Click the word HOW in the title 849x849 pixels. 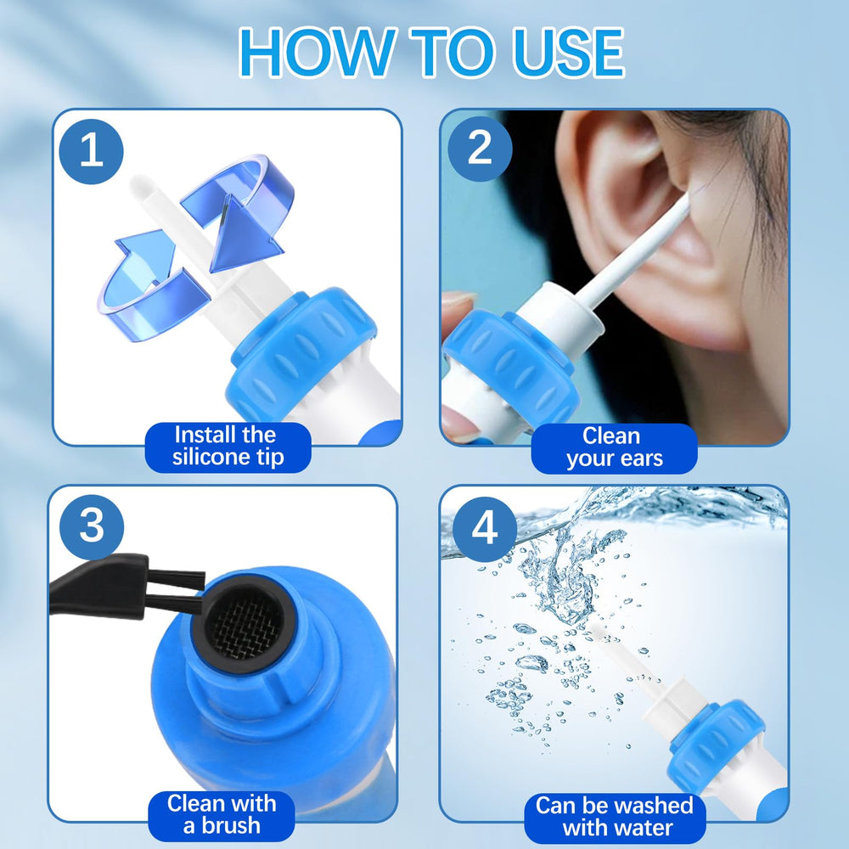pyautogui.click(x=317, y=53)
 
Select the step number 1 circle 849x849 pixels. pyautogui.click(x=91, y=151)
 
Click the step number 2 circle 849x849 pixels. pyautogui.click(x=480, y=149)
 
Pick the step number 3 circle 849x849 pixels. pyautogui.click(x=92, y=526)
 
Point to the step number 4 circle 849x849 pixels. pyautogui.click(x=485, y=529)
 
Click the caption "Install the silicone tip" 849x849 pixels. pyautogui.click(x=228, y=447)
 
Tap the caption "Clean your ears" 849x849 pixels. pyautogui.click(x=614, y=448)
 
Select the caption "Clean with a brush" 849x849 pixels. pyautogui.click(x=222, y=815)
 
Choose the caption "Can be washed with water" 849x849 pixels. pyautogui.click(x=615, y=818)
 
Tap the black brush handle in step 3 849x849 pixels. pyautogui.click(x=98, y=586)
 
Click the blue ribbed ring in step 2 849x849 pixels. pyautogui.click(x=509, y=368)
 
